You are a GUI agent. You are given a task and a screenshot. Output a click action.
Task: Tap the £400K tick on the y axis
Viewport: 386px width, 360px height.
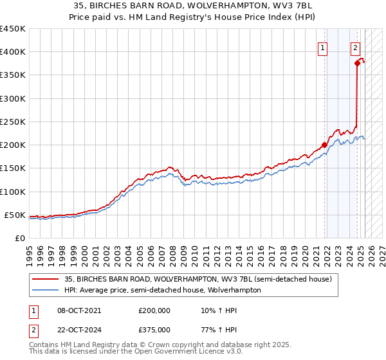coord(13,52)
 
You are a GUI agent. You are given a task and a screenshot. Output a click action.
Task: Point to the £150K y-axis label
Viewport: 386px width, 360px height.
coord(13,168)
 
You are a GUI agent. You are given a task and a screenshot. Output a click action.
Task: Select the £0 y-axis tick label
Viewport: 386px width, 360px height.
coord(20,238)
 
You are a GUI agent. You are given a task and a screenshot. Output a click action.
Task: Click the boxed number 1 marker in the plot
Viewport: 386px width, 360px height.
coord(322,46)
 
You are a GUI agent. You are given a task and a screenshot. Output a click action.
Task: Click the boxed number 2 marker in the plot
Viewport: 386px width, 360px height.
coord(355,46)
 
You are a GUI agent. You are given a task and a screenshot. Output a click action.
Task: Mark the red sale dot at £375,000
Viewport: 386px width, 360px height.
coord(356,63)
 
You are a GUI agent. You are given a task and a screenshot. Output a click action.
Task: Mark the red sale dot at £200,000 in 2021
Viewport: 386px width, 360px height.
coord(324,144)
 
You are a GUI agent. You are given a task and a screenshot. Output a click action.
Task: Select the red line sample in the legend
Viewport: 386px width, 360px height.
coord(45,280)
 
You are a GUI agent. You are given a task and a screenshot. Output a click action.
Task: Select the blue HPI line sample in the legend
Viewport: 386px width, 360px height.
coord(45,290)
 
